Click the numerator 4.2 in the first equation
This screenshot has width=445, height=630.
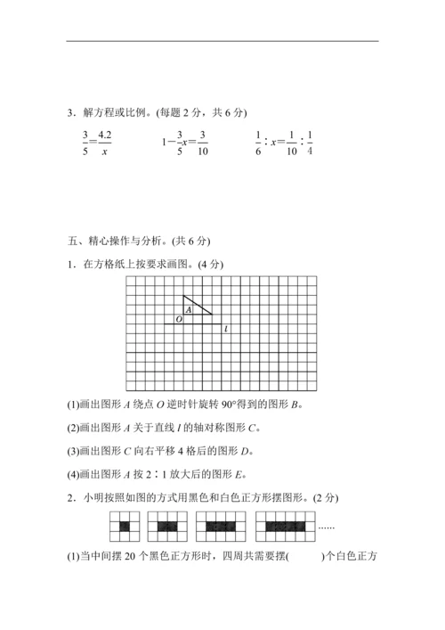click(x=105, y=135)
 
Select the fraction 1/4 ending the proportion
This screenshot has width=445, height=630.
click(x=309, y=143)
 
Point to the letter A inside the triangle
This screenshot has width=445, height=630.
click(x=189, y=309)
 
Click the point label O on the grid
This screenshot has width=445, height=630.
click(x=179, y=318)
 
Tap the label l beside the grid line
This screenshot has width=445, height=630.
click(x=226, y=328)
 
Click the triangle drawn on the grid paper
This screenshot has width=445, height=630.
click(x=195, y=306)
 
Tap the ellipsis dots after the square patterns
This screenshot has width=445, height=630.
click(x=326, y=528)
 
